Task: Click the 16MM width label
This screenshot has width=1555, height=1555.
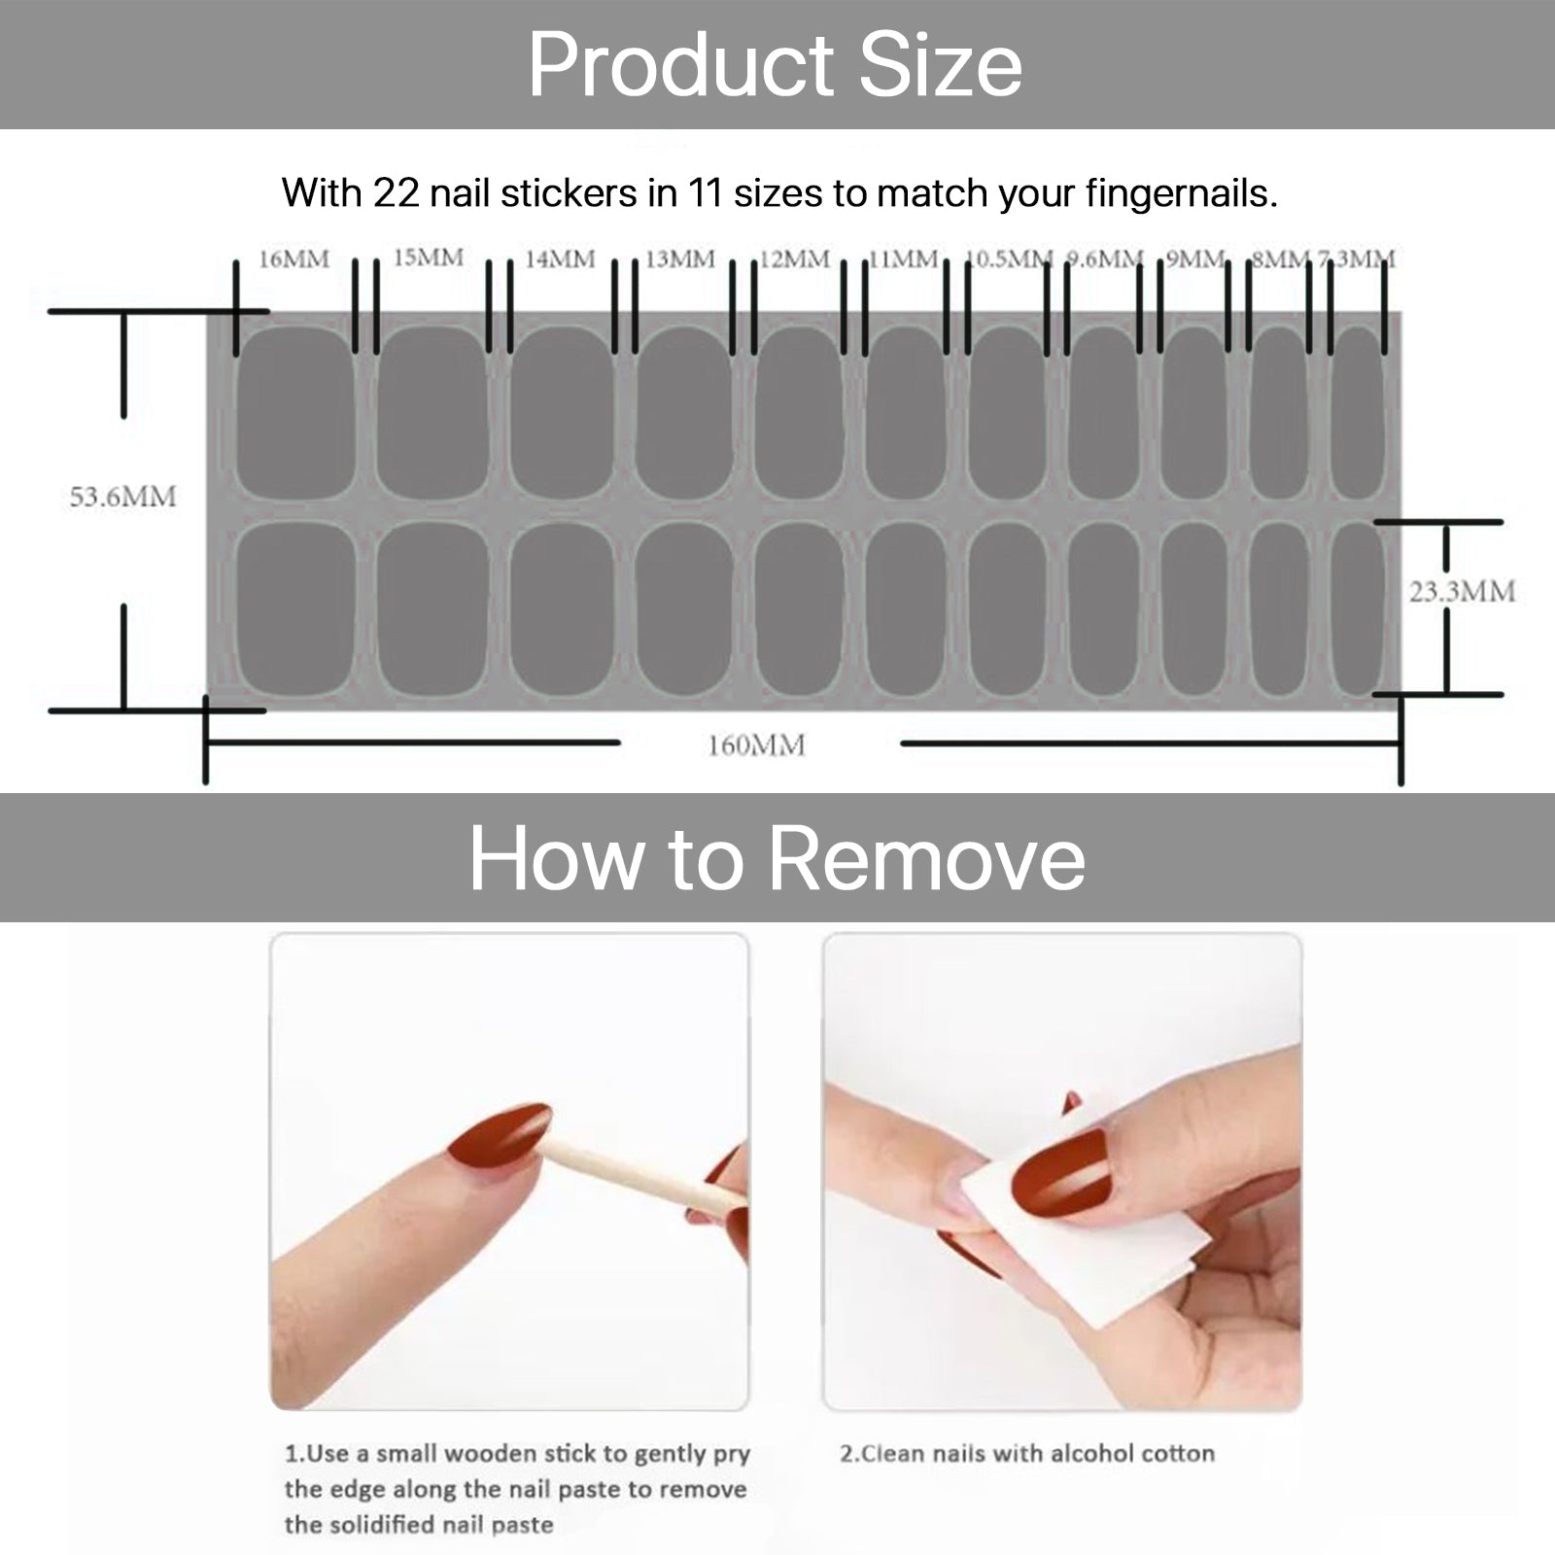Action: click(294, 259)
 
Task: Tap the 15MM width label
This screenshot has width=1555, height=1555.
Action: click(428, 259)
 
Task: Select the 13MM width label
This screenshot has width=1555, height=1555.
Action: click(679, 259)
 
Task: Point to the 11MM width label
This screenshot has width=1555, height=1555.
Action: click(903, 259)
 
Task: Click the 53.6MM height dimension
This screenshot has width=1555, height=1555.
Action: click(122, 497)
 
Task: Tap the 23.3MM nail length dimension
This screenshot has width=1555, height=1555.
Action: click(1462, 591)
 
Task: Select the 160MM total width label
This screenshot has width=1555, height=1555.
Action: click(756, 745)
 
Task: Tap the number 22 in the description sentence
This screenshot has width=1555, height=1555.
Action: click(396, 192)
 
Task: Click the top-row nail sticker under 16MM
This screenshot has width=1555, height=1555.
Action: click(295, 414)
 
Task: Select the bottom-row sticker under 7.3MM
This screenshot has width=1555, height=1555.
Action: click(1358, 608)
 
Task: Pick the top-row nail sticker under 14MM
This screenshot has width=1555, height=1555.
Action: click(562, 414)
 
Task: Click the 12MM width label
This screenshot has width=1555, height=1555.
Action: click(794, 259)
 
